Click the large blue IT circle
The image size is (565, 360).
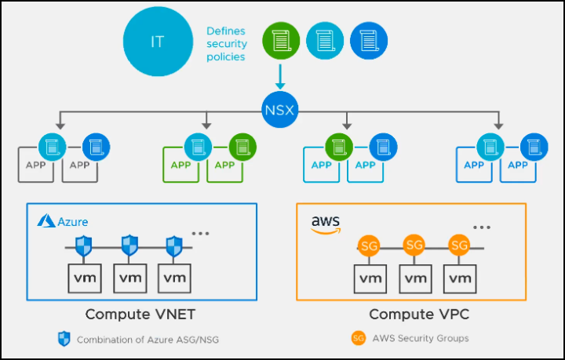pyautogui.click(x=158, y=42)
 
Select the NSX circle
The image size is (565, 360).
pyautogui.click(x=279, y=109)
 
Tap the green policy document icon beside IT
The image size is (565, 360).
pyautogui.click(x=279, y=38)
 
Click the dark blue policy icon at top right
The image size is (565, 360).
pyautogui.click(x=365, y=38)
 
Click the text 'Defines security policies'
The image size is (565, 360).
pyautogui.click(x=226, y=44)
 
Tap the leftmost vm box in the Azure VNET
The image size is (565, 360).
pyautogui.click(x=86, y=277)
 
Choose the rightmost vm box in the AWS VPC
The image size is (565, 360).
pyautogui.click(x=459, y=277)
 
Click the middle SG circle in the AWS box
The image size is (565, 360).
pyautogui.click(x=414, y=245)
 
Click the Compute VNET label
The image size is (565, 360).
pyautogui.click(x=141, y=315)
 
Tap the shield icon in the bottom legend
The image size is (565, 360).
pyautogui.click(x=64, y=339)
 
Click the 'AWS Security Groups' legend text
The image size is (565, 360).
pyautogui.click(x=421, y=338)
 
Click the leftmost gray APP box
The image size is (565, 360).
pyautogui.click(x=35, y=165)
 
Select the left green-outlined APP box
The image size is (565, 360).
pyautogui.click(x=181, y=165)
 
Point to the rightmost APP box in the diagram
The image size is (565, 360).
pyautogui.click(x=517, y=165)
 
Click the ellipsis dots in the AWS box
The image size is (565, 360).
pyautogui.click(x=481, y=227)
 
